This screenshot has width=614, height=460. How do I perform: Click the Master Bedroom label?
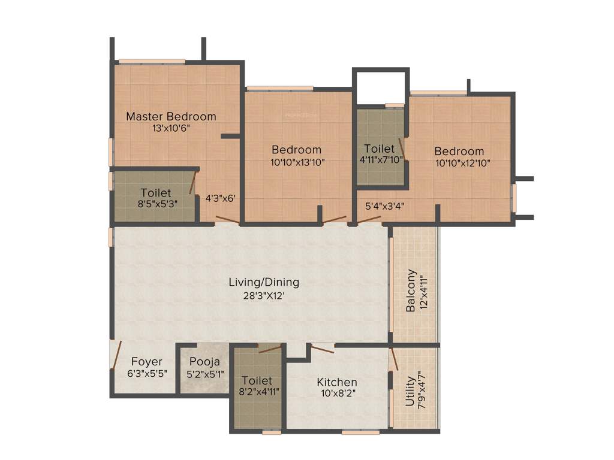(x=171, y=116)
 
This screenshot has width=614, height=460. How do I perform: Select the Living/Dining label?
(x=264, y=282)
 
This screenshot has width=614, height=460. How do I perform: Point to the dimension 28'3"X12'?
(x=264, y=294)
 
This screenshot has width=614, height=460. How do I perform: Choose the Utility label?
(x=410, y=392)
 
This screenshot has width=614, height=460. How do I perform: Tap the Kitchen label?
(x=337, y=382)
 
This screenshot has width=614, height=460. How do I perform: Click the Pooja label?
(x=204, y=362)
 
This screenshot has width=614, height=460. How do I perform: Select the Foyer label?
(x=146, y=362)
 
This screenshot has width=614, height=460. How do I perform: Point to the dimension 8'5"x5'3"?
(x=156, y=204)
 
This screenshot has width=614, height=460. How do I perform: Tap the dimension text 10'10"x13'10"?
(x=297, y=161)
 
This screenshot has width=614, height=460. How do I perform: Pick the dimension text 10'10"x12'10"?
(x=459, y=162)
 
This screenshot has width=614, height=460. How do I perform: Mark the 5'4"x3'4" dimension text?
(x=384, y=205)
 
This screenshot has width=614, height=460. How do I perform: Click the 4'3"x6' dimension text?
(x=220, y=198)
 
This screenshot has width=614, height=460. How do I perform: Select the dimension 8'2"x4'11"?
(x=257, y=392)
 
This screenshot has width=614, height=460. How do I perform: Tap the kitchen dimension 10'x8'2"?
(x=337, y=394)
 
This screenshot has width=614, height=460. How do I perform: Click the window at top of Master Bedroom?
(x=152, y=61)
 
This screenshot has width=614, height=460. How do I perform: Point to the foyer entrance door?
(x=116, y=356)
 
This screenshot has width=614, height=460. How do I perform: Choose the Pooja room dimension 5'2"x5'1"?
(x=204, y=373)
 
